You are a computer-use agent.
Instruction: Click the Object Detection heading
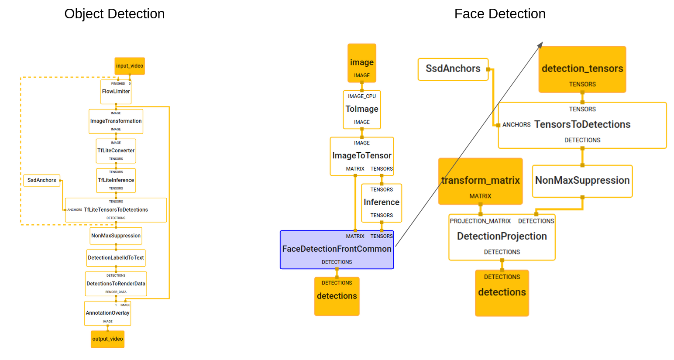[x=114, y=14]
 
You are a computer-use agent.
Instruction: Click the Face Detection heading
[x=500, y=14]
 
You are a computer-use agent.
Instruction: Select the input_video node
[x=130, y=66]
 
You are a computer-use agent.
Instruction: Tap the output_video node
[x=107, y=339]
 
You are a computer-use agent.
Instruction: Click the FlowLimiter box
[x=116, y=92]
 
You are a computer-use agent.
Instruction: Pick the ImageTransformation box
[x=116, y=121]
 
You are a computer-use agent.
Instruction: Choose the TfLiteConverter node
[x=116, y=151]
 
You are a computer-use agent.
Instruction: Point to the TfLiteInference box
[x=116, y=180]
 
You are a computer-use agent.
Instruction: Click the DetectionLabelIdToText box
[x=116, y=258]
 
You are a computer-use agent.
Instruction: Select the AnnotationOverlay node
[x=107, y=313]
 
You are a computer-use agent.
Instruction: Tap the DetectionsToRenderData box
[x=116, y=284]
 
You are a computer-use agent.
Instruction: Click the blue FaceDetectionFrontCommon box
[x=337, y=249]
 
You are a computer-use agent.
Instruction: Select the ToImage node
[x=362, y=109]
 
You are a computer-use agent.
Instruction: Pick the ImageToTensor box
[x=362, y=156]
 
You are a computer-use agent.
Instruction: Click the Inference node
[x=382, y=202]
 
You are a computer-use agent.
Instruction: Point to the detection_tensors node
[x=582, y=69]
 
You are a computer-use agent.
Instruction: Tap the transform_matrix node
[x=480, y=181]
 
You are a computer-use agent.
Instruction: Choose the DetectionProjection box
[x=502, y=237]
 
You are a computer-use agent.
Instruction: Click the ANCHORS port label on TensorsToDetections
[x=516, y=125]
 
